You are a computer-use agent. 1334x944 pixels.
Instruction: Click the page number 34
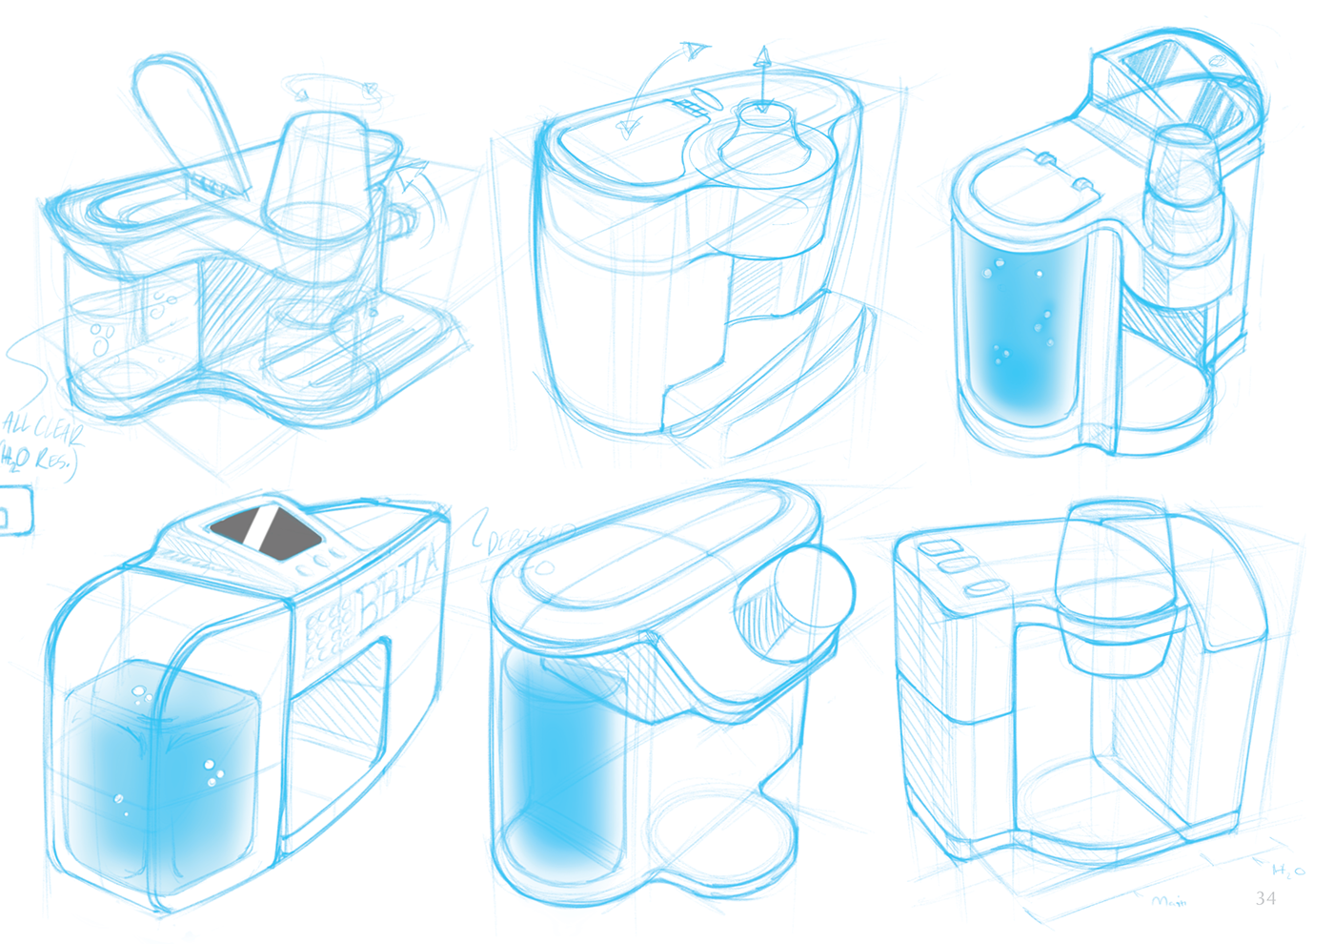tap(1265, 898)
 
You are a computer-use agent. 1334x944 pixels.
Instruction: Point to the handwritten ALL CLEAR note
tap(43, 428)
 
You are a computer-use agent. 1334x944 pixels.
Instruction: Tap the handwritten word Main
tap(1169, 900)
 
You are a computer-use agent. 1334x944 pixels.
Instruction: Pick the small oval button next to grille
tap(705, 97)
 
